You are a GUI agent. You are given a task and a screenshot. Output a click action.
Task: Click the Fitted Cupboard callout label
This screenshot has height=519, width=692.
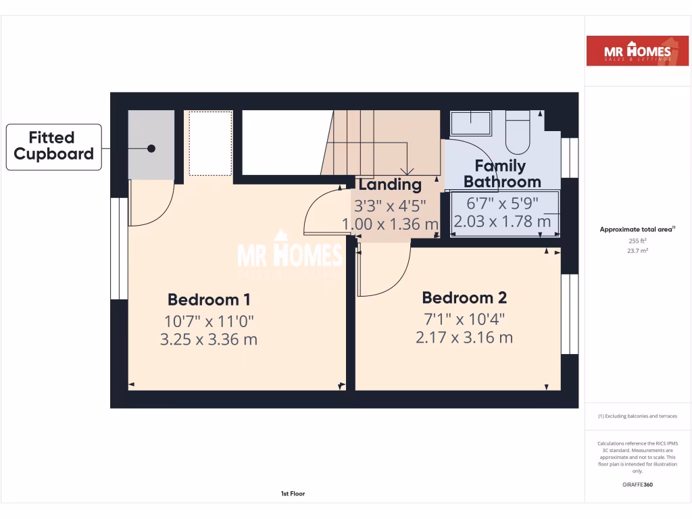point(53,146)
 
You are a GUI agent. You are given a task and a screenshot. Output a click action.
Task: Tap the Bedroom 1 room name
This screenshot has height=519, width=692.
point(203,299)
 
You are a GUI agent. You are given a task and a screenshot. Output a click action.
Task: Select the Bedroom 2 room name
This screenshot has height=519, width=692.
point(464,297)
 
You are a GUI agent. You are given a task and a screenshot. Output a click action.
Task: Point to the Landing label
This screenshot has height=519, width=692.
point(390,184)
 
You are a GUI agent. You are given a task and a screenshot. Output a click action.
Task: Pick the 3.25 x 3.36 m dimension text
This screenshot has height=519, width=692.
point(208,339)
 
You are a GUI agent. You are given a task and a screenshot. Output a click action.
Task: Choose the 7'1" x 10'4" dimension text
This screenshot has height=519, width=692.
point(464,318)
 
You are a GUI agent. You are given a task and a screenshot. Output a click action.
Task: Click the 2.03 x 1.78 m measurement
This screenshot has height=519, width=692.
point(502,222)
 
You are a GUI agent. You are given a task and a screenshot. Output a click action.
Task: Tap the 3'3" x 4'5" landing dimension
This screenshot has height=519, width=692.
point(390,205)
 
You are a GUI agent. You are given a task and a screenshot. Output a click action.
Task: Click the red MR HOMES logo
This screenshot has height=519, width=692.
point(628,51)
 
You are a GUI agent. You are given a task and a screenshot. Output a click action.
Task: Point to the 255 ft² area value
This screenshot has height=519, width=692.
point(637,241)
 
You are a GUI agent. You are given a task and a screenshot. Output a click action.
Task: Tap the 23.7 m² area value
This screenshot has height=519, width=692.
point(637,251)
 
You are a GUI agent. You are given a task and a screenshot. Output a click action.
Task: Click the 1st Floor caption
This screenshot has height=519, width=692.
point(293,494)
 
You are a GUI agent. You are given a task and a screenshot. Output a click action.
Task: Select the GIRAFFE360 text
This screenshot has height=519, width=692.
point(637,485)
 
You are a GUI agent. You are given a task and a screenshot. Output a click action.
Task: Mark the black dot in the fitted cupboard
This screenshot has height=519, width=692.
point(151,148)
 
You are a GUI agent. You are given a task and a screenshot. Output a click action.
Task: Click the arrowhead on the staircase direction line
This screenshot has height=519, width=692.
point(406,171)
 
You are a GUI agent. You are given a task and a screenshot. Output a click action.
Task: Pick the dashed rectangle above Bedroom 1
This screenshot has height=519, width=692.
point(210,144)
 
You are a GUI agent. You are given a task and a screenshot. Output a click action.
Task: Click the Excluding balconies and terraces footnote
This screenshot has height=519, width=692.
point(637,416)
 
